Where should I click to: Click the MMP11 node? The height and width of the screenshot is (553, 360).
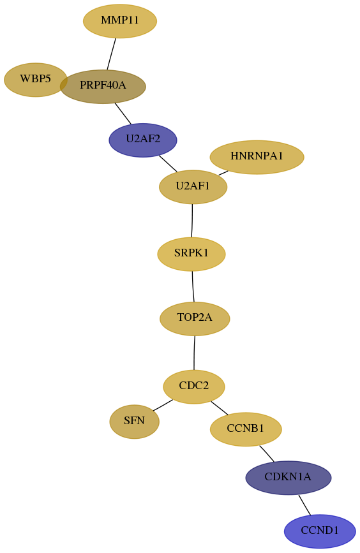pos(120,21)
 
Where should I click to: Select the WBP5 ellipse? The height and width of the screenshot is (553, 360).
pos(35,80)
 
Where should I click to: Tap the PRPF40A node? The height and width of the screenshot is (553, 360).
pos(103,86)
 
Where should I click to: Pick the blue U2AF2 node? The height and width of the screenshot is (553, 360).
pos(143,140)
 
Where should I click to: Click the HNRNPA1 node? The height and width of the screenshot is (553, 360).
pos(257,157)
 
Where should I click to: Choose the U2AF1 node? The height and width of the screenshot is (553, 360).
pos(193,187)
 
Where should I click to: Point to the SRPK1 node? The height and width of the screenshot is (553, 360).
pos(191,254)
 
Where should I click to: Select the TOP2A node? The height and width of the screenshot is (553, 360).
pos(195,319)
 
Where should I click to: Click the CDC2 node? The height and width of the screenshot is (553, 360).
pos(194,387)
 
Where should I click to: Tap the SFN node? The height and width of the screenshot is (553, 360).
pos(135,422)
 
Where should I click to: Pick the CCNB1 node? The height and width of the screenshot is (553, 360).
pos(246,429)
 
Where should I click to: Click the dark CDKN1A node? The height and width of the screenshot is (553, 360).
pos(289,478)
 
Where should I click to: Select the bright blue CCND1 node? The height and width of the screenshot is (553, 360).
pos(320,531)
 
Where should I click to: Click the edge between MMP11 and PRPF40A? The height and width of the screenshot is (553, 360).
pos(112,54)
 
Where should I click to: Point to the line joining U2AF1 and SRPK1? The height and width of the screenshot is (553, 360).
pos(192,221)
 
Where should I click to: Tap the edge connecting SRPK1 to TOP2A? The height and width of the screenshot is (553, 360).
pos(193,286)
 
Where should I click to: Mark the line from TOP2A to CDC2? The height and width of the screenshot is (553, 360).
pos(194,353)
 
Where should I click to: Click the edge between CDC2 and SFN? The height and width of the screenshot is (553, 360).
pos(163,405)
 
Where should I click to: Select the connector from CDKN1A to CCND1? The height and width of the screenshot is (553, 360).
pos(304,505)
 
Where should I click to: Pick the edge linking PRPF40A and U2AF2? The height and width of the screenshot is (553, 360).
pos(123,113)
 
